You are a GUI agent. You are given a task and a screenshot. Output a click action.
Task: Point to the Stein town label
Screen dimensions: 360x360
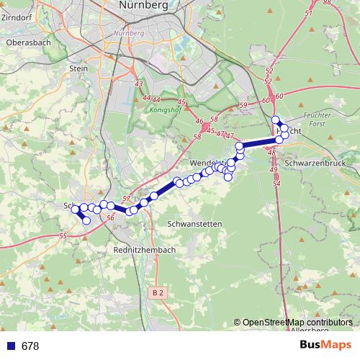point(78,68)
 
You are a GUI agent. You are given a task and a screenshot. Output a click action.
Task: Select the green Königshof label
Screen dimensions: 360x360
point(163,112)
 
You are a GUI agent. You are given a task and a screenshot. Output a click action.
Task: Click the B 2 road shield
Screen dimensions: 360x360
point(158,293)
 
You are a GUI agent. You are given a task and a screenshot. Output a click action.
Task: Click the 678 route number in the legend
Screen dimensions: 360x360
point(30,346)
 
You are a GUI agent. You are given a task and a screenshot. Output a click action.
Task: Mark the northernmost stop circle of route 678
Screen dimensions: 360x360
point(275,120)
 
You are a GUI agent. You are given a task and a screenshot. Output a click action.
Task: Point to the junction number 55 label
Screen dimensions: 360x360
point(63,235)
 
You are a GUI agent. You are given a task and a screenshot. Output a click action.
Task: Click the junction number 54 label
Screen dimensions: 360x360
point(276,184)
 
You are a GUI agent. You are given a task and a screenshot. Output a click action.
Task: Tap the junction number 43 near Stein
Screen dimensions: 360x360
point(138,85)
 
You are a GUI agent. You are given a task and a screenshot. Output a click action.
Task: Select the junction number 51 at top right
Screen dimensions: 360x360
point(309,13)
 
